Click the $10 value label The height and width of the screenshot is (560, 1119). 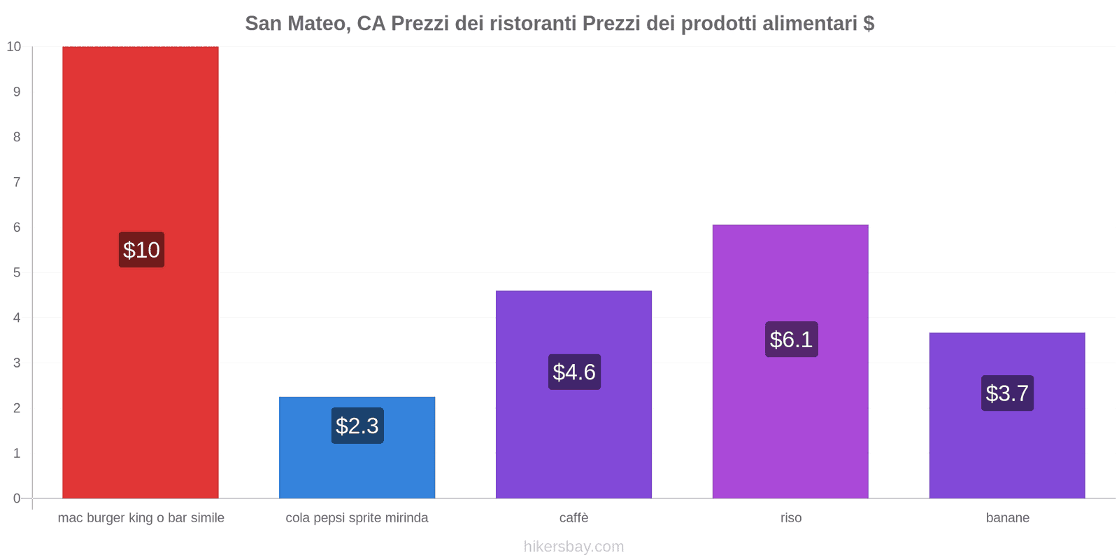141,250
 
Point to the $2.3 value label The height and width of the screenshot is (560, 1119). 357,426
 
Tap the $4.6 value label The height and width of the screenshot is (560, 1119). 574,372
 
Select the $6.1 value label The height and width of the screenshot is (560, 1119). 791,339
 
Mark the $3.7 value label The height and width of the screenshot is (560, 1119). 1007,393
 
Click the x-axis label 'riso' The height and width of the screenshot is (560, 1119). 791,518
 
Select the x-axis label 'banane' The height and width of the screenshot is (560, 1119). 1007,518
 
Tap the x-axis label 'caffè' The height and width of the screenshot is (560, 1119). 573,518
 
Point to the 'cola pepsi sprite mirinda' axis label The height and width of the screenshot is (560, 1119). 357,518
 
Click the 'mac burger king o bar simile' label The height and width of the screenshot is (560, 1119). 141,518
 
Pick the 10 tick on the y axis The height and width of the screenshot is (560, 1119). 14,47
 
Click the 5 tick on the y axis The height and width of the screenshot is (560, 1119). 17,272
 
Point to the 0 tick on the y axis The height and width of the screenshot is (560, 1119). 17,498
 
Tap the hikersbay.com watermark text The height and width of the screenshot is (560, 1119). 573,547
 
